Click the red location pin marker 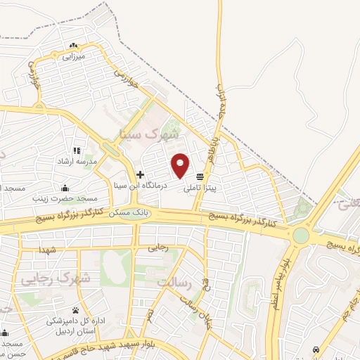click(x=181, y=165)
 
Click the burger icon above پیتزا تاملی click(x=200, y=176)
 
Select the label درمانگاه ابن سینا click(x=141, y=186)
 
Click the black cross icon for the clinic click(x=141, y=174)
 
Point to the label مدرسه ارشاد click(x=77, y=162)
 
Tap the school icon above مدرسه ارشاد click(x=77, y=150)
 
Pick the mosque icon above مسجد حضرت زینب click(x=65, y=188)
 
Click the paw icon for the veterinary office click(x=75, y=310)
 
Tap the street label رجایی click(x=159, y=248)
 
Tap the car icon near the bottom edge click(x=316, y=350)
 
